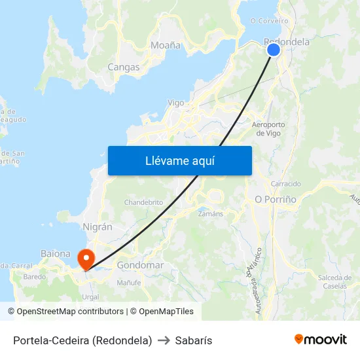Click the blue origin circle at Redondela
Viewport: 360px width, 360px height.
click(274, 50)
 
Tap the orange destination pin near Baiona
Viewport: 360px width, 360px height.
click(86, 259)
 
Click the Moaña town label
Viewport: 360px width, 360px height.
click(166, 46)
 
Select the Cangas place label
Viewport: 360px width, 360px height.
click(124, 67)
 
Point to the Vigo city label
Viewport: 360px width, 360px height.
click(176, 103)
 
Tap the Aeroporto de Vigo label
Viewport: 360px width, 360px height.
click(268, 128)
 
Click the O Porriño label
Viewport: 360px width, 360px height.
click(276, 199)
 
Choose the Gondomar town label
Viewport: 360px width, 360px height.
click(140, 266)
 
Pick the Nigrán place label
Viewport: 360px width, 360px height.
click(98, 226)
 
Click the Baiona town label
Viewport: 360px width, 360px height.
click(56, 253)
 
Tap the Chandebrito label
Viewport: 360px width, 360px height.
click(143, 202)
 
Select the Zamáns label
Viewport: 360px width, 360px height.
click(210, 213)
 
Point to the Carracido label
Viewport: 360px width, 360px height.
click(286, 184)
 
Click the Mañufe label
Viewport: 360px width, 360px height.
click(129, 283)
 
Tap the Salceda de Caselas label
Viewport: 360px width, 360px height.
click(335, 282)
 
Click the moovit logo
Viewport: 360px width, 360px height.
click(321, 340)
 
